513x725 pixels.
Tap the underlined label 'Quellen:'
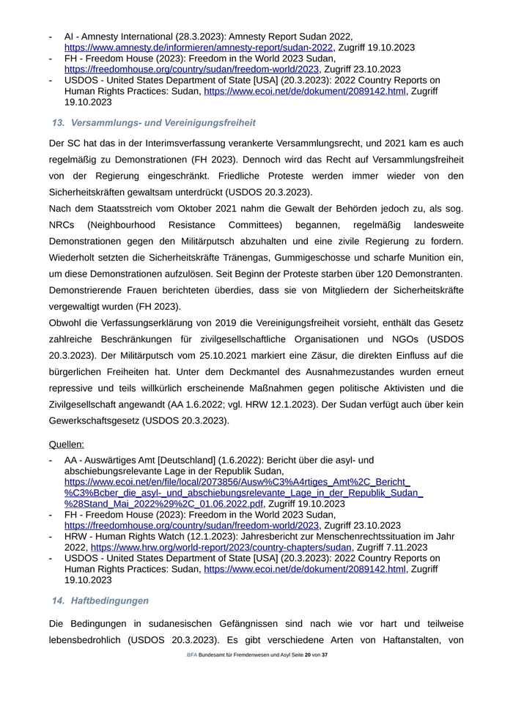tap(66, 444)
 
